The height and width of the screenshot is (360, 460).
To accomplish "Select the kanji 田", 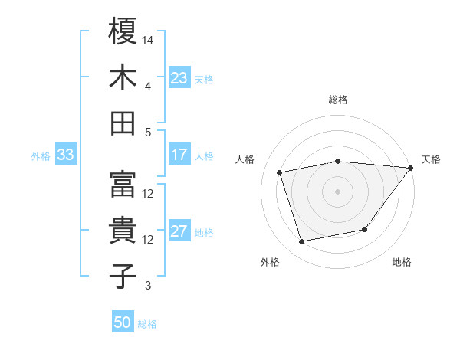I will (123, 123).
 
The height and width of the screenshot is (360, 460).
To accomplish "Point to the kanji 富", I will (123, 185).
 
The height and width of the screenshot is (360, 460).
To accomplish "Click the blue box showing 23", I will (179, 77).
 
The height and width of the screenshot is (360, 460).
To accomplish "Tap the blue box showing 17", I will (179, 155).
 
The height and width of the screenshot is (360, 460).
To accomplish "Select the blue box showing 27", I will (179, 231).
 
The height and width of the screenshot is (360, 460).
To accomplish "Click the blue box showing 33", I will (65, 155).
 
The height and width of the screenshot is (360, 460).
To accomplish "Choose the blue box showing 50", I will (123, 322).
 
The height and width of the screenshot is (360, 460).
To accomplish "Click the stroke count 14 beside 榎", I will (149, 39).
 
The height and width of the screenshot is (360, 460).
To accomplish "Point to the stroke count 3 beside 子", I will (148, 286).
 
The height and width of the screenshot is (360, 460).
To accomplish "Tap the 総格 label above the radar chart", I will (338, 100).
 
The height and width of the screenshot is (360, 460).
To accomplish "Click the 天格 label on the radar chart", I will (431, 159).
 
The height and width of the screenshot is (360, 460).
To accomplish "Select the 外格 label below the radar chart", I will (270, 263).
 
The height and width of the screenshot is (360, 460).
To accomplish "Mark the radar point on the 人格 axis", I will (279, 172).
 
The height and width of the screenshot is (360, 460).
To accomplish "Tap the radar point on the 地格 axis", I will (365, 229).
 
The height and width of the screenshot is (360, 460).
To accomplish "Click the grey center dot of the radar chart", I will (337, 191).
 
